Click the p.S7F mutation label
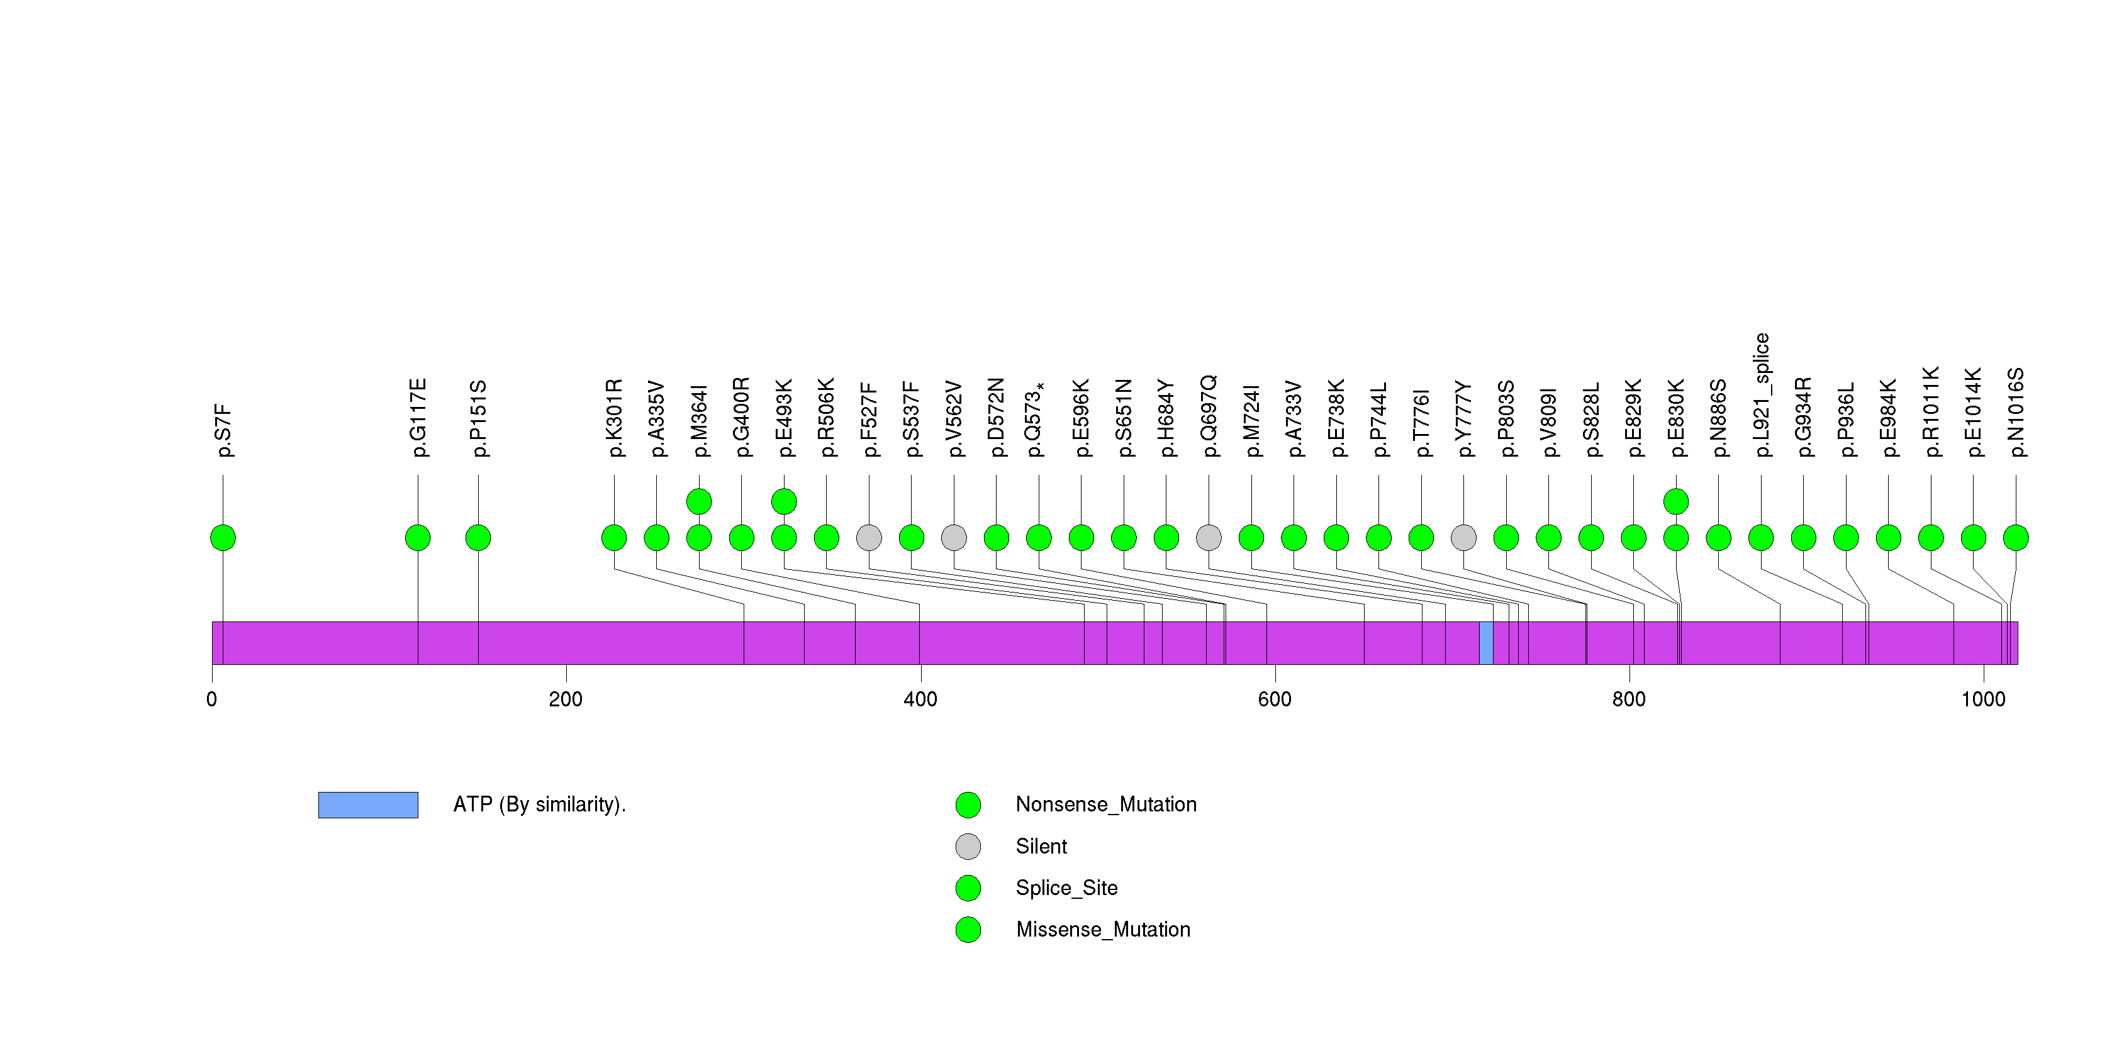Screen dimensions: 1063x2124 point(223,430)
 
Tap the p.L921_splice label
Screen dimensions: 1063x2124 point(1761,395)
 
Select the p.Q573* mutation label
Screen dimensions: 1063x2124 point(1036,420)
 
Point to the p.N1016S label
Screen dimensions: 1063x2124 point(2015,412)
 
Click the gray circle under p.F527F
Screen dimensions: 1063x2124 point(869,538)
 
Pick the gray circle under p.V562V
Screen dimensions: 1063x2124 point(954,538)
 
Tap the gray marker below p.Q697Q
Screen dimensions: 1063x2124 point(1209,538)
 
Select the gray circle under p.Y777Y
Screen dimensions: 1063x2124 point(1463,538)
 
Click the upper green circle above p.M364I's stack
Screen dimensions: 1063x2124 point(699,501)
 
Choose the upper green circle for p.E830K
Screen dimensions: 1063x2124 point(1676,501)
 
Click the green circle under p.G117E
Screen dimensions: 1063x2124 point(418,538)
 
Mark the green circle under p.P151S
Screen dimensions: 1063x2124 point(478,538)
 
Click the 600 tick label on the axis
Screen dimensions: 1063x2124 point(1275,699)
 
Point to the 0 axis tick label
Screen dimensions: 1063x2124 point(212,699)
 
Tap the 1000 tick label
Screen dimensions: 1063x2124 point(1983,699)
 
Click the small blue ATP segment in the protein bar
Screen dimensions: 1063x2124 point(1486,643)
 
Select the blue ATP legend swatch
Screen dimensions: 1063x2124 point(368,805)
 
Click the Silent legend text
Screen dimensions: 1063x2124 point(1041,846)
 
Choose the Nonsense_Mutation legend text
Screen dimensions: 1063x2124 point(1105,804)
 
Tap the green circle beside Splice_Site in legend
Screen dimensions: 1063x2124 point(968,888)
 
